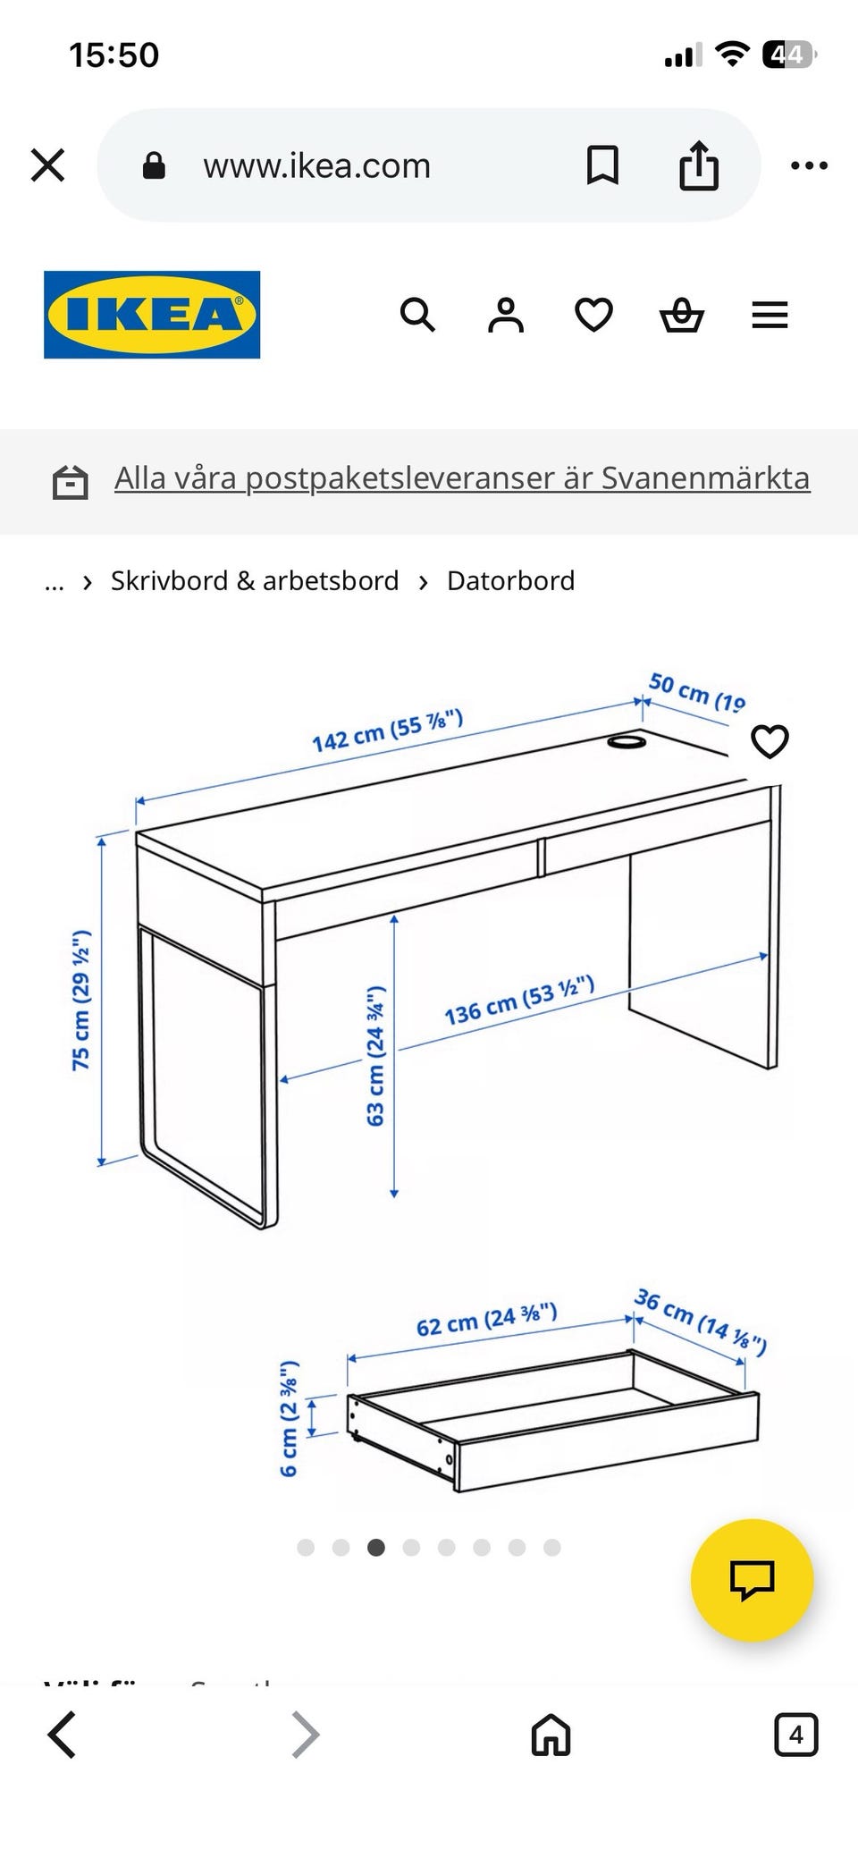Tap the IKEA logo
152,315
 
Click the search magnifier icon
417,316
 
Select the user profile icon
505,316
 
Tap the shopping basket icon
681,316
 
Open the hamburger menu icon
770,316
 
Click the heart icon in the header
593,316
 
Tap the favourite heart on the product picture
770,741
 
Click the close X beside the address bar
47,165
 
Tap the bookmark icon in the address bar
602,165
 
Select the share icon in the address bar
698,165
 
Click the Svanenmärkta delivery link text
461,478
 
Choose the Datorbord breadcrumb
510,581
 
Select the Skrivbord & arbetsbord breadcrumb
255,581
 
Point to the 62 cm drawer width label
486,1320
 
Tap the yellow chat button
752,1580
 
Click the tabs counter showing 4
795,1736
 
